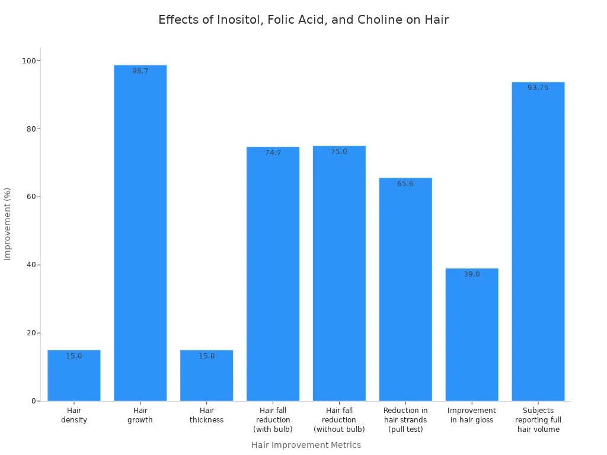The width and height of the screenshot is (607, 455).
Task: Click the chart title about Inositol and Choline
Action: point(303,20)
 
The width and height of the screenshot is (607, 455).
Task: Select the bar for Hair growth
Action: point(140,237)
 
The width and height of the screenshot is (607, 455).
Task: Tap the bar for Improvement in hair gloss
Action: point(472,338)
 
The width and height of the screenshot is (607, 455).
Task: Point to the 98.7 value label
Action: point(140,71)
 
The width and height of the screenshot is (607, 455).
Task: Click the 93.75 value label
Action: point(538,88)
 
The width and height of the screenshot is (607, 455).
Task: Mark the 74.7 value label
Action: point(273,153)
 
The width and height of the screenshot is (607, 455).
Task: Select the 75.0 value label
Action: point(339,152)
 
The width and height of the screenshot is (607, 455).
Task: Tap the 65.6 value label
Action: point(405,184)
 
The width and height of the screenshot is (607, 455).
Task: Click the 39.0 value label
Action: point(472,274)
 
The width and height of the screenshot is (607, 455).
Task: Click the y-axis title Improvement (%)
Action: point(8,224)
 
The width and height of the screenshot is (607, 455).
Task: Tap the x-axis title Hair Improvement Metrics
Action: point(306,445)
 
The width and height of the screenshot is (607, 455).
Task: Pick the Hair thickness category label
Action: point(207,415)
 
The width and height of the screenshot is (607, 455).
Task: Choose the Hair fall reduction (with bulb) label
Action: point(273,419)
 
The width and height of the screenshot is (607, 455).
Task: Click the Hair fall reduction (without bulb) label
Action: point(339,419)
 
